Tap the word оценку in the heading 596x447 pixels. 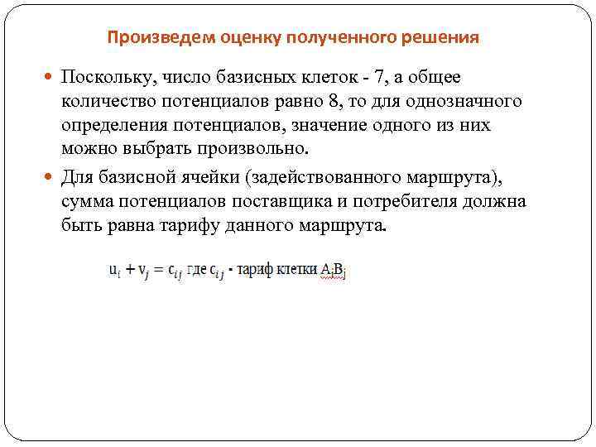click(x=246, y=38)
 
